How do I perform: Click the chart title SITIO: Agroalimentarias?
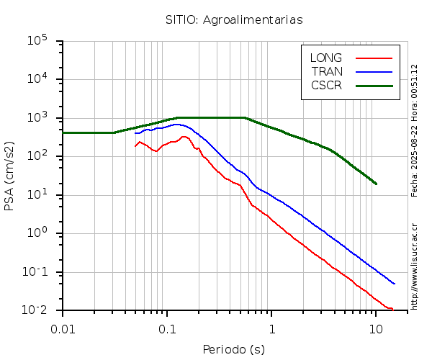pyautogui.click(x=234, y=19)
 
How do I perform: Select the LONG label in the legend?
pyautogui.click(x=326, y=58)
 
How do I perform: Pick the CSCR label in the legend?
pyautogui.click(x=326, y=85)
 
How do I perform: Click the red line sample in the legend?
pyautogui.click(x=374, y=58)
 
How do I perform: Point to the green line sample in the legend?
pyautogui.click(x=374, y=85)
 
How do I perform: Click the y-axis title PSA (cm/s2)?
pyautogui.click(x=10, y=175)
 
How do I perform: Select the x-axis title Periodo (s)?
pyautogui.click(x=233, y=349)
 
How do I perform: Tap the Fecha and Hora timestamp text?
pyautogui.click(x=414, y=130)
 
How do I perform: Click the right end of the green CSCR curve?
pyautogui.click(x=376, y=184)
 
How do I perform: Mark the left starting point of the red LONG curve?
pyautogui.click(x=135, y=146)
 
